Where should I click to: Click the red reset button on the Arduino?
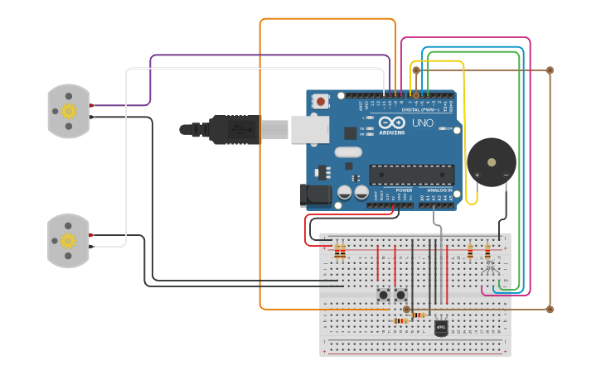(x=321, y=101)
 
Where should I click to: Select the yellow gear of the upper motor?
(x=69, y=110)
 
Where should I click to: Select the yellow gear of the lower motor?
(x=69, y=240)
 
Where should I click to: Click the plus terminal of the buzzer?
(x=477, y=175)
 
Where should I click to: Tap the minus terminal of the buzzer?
(x=506, y=175)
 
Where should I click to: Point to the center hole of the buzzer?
(x=492, y=161)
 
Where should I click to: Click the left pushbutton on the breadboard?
(x=384, y=295)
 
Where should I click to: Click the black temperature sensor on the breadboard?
(x=441, y=328)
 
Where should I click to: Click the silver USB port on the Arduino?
(x=308, y=129)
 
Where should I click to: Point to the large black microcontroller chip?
(x=411, y=174)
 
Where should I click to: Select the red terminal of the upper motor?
(x=93, y=105)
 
